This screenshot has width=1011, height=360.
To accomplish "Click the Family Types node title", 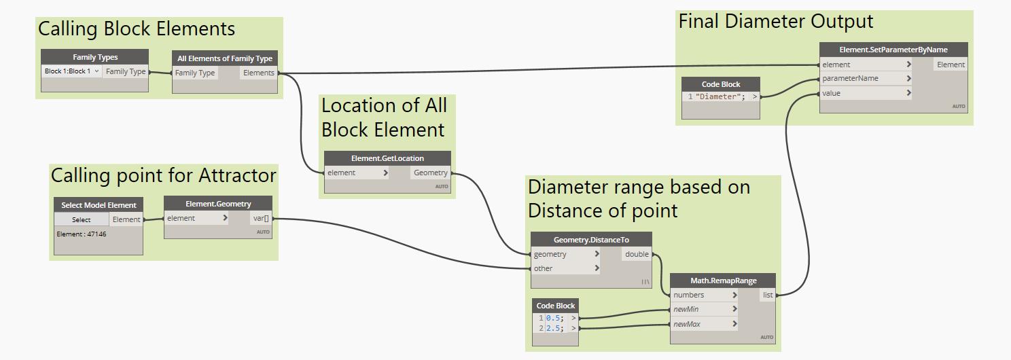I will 94,57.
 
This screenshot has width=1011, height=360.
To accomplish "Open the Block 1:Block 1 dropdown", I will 72,71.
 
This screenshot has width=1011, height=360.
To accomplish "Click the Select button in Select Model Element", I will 82,219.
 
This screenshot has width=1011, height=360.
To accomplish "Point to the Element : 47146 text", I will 82,234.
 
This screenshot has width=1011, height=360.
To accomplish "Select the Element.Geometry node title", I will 218,204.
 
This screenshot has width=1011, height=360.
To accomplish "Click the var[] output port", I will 261,218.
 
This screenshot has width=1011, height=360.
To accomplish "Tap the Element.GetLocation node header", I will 387,158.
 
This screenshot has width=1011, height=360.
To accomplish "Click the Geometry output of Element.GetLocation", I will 431,173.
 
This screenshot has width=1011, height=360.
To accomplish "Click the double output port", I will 637,254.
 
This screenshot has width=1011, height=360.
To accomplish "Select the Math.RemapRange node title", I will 722,281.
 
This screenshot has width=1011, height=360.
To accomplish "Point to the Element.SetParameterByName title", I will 893,50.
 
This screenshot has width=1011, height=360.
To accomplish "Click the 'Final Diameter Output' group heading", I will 775,21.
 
